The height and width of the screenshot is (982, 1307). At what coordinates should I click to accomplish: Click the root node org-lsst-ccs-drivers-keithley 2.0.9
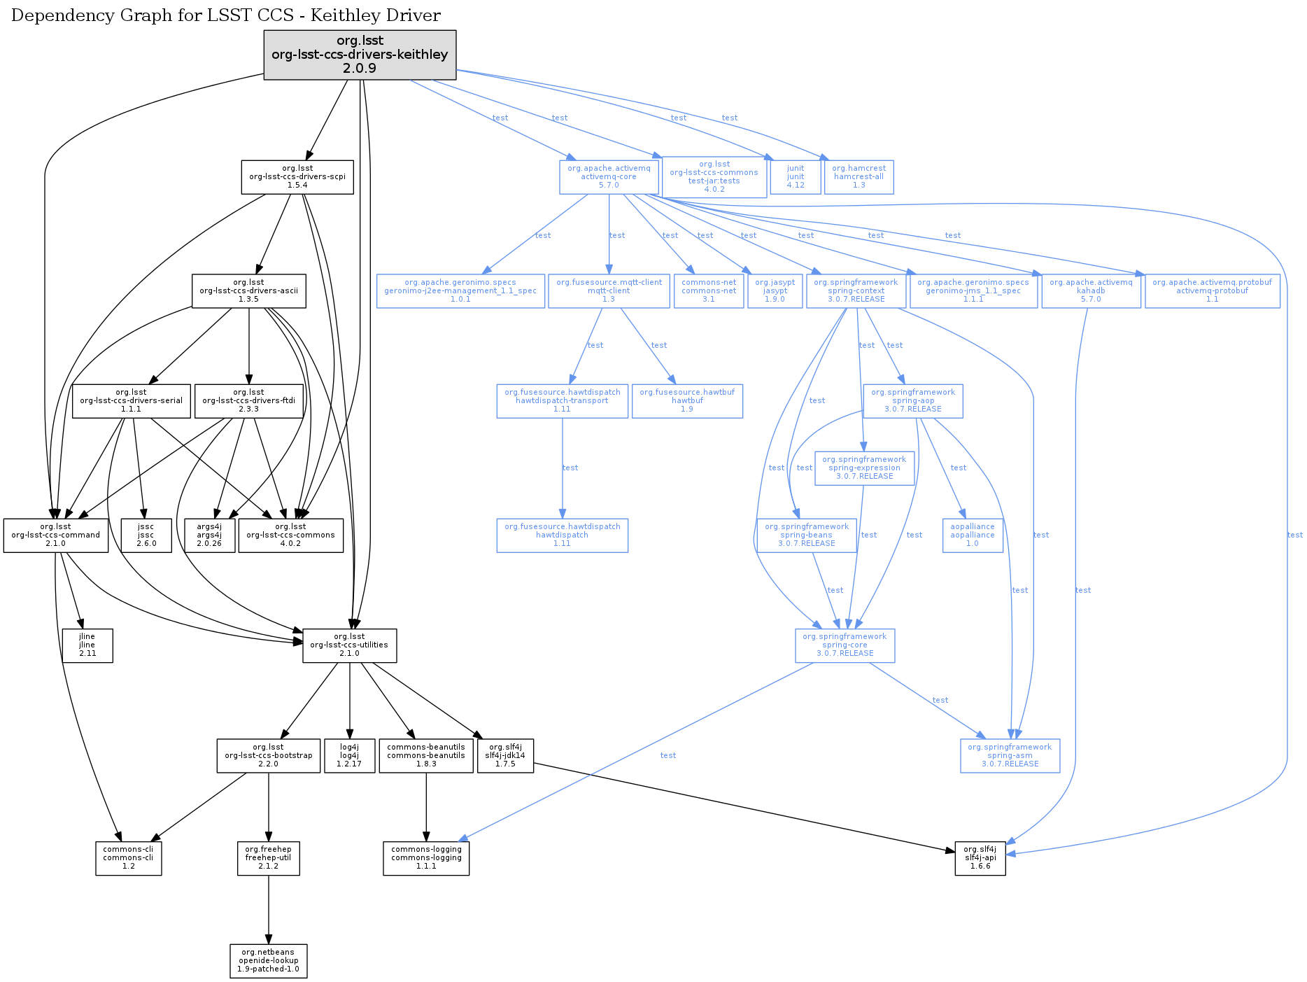(x=360, y=55)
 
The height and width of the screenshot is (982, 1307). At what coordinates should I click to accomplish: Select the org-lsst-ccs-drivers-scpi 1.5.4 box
(x=297, y=177)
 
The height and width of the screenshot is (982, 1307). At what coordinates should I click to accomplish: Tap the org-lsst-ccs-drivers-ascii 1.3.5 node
(x=248, y=290)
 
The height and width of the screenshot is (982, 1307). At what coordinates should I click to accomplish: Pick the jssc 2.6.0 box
(x=146, y=535)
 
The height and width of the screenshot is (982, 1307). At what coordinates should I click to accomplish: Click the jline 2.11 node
(x=87, y=645)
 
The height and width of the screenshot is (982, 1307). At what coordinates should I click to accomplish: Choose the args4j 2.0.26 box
(x=209, y=535)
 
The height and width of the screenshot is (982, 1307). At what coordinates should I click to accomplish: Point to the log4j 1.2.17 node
(x=349, y=756)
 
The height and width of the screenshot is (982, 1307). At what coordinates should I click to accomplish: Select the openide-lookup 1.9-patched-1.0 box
(x=269, y=961)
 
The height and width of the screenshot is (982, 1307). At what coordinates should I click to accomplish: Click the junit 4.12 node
(x=796, y=177)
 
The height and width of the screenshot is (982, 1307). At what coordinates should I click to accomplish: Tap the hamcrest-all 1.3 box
(x=859, y=177)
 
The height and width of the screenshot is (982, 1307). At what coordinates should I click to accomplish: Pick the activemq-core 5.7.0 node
(x=609, y=177)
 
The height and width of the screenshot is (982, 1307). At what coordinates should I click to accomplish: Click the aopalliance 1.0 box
(x=973, y=535)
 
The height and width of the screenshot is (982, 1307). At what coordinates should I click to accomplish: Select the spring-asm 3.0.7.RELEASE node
(x=1010, y=756)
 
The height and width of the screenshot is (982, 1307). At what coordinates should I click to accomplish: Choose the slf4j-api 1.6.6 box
(x=980, y=858)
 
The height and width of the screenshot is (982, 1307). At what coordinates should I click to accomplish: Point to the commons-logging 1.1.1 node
(x=426, y=858)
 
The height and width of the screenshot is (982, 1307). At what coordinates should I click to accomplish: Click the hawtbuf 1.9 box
(x=687, y=401)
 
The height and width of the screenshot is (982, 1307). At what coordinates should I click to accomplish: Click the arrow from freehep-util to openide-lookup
(x=269, y=910)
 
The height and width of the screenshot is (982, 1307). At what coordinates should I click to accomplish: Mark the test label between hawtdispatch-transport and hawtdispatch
(x=570, y=468)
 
